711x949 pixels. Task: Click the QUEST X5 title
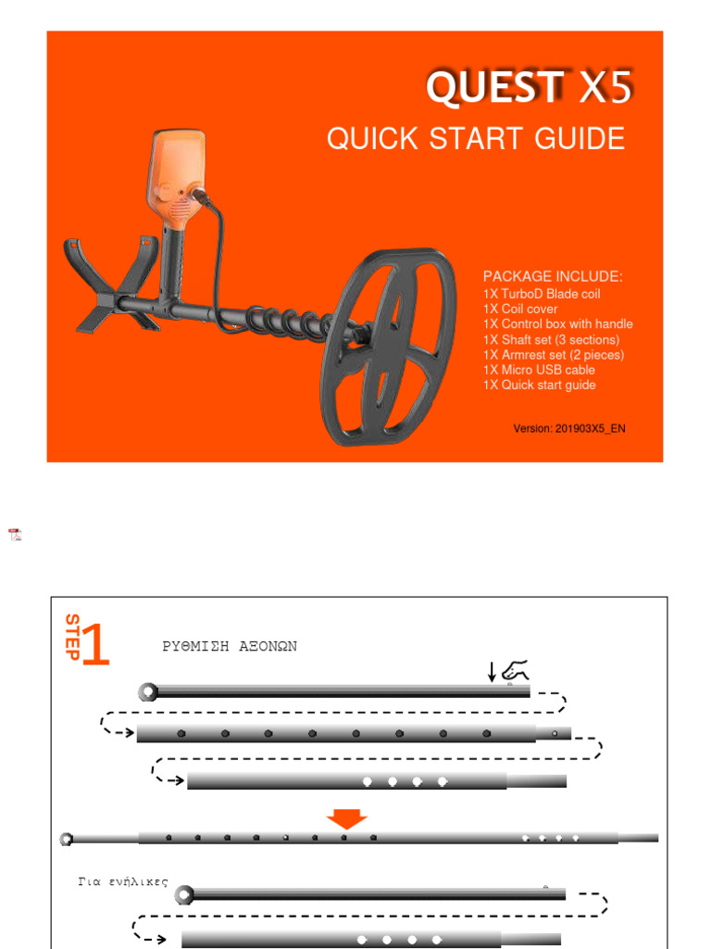coord(529,88)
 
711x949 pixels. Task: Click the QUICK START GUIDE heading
coord(475,139)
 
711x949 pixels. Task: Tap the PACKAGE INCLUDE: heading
coord(553,277)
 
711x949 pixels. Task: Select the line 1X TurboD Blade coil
coord(542,294)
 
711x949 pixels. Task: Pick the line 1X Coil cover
coord(520,309)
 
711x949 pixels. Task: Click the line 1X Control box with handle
coord(557,324)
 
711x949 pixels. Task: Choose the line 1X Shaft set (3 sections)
coord(551,340)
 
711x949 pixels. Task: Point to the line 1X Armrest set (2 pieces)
coord(554,355)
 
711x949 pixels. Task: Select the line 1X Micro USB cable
coord(539,370)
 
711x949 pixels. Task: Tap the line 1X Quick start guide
coord(539,385)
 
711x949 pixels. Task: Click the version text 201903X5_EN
coord(569,429)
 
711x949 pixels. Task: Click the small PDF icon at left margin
coord(15,535)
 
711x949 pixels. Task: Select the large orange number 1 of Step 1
coord(95,645)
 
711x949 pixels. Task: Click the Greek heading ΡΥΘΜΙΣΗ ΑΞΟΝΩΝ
coord(230,647)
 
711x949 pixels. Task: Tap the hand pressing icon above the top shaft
coord(517,668)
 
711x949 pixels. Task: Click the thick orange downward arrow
coord(347,818)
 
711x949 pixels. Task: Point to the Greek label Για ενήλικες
coord(123,881)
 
